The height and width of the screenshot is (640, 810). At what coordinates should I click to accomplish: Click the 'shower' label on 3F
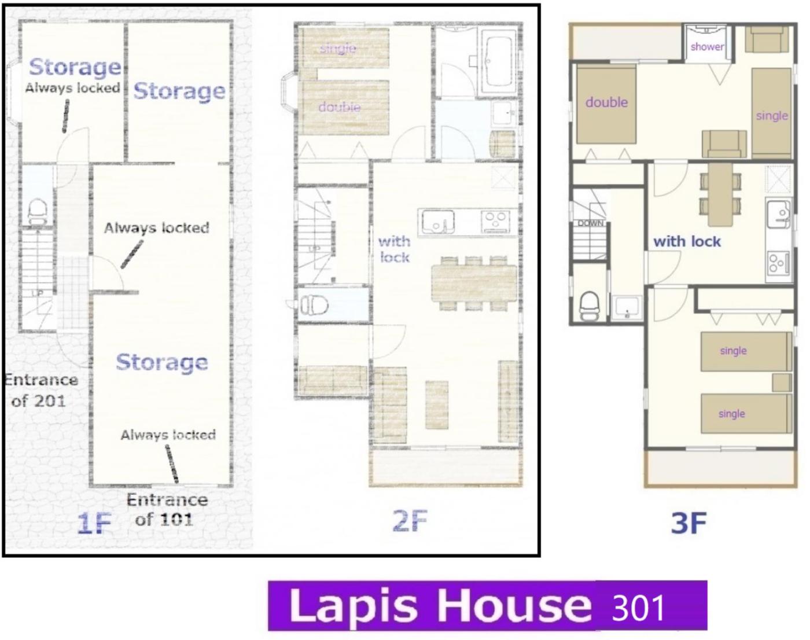[707, 47]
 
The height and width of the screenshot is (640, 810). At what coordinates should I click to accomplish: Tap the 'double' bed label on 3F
[606, 102]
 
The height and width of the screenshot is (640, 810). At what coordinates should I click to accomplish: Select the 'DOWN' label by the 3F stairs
[590, 223]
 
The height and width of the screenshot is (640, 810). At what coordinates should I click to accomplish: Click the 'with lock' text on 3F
[687, 241]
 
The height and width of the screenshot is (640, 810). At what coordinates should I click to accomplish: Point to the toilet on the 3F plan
[589, 306]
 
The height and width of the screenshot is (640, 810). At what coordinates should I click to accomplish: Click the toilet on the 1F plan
[37, 212]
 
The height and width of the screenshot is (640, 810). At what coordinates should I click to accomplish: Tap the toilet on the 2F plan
[314, 304]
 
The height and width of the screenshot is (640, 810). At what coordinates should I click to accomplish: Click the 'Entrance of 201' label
[41, 391]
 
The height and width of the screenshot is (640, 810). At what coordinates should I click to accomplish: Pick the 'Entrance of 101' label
[167, 510]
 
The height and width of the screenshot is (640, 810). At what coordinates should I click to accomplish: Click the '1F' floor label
[94, 523]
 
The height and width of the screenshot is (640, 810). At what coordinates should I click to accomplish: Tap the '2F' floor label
[410, 521]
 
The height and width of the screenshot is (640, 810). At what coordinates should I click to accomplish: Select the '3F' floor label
[689, 523]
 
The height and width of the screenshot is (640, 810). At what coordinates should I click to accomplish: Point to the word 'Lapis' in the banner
[353, 606]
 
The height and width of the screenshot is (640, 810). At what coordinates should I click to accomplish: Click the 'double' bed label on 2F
[340, 107]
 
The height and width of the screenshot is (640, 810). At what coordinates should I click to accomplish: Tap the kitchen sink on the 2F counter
[438, 222]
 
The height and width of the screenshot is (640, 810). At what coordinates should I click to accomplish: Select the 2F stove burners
[495, 222]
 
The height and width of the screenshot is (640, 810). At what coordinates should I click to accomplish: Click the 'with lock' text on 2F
[395, 249]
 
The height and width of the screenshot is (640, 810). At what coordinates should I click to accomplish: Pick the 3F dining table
[720, 194]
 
